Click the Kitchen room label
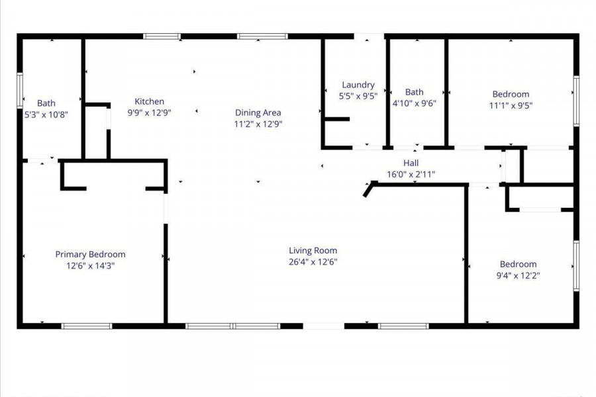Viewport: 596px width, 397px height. (150, 101)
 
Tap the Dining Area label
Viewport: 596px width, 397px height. (258, 112)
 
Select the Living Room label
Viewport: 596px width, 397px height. (313, 250)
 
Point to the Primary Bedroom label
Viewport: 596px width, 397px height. (91, 254)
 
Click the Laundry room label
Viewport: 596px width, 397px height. (358, 85)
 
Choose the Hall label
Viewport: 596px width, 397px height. (411, 163)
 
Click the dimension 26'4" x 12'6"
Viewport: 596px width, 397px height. (313, 262)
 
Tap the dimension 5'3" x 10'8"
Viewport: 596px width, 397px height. (46, 114)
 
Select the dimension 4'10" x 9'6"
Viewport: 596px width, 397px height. (415, 103)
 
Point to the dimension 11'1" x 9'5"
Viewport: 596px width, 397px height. (511, 105)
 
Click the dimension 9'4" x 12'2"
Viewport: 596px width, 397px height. (518, 275)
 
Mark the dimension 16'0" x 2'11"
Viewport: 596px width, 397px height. (411, 175)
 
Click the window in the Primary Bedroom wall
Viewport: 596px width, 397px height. (87, 326)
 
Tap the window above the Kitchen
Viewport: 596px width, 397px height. (162, 36)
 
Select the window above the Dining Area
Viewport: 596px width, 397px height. (262, 36)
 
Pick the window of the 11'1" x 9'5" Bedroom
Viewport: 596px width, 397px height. (576, 101)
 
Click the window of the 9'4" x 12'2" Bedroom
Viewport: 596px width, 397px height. (576, 266)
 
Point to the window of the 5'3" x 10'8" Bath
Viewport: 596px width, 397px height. (20, 91)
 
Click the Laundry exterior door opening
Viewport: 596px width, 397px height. (369, 36)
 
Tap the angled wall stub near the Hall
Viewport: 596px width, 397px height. (369, 189)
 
